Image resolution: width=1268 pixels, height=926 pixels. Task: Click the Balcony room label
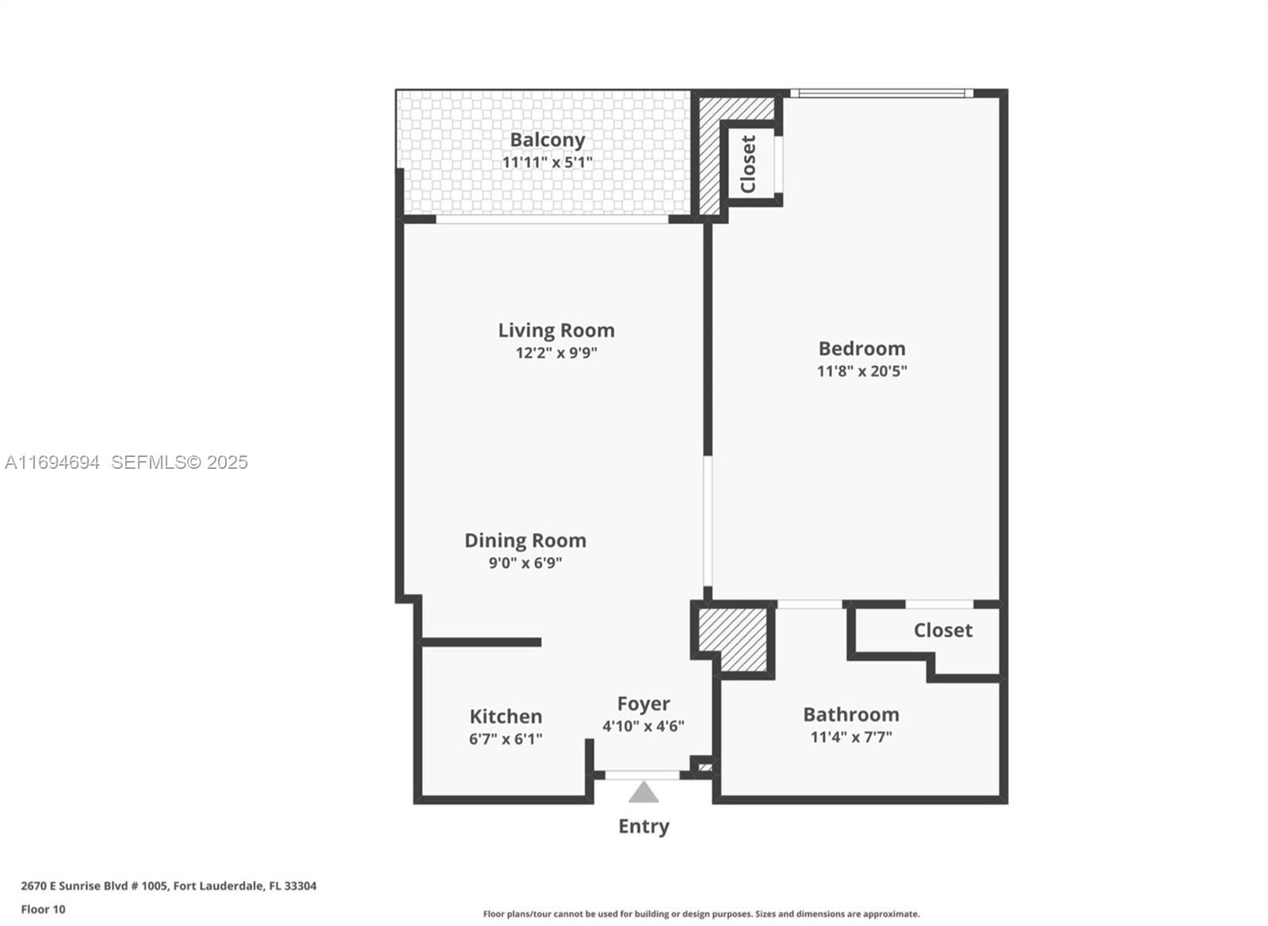(x=547, y=140)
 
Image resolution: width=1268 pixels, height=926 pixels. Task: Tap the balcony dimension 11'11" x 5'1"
(x=547, y=162)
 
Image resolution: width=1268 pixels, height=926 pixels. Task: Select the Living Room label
(x=556, y=330)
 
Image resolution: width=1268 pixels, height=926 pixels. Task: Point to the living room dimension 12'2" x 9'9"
(x=556, y=352)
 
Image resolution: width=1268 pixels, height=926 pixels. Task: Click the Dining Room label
(x=525, y=540)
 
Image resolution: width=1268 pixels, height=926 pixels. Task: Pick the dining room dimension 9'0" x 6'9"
(x=525, y=563)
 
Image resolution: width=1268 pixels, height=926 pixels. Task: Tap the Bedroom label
(x=861, y=349)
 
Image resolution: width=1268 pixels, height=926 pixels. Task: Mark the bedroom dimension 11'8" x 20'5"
(x=861, y=371)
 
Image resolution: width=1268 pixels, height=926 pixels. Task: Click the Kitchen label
(x=506, y=716)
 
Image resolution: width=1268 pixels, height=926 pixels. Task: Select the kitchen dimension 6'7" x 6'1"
(x=506, y=739)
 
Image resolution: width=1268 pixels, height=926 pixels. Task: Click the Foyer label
(x=644, y=703)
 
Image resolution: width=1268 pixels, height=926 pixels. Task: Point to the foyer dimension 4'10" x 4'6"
(x=644, y=726)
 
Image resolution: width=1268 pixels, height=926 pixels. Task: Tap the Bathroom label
(x=850, y=715)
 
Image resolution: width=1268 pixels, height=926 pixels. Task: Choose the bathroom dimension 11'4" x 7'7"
(x=850, y=737)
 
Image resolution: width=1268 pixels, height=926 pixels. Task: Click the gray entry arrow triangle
(x=644, y=793)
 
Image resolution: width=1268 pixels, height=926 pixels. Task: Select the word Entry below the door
(x=644, y=826)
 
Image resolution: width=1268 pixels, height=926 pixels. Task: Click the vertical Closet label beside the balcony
(x=748, y=164)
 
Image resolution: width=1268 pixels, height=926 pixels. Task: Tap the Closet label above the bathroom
(x=942, y=631)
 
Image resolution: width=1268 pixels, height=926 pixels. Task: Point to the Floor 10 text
(x=43, y=909)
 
